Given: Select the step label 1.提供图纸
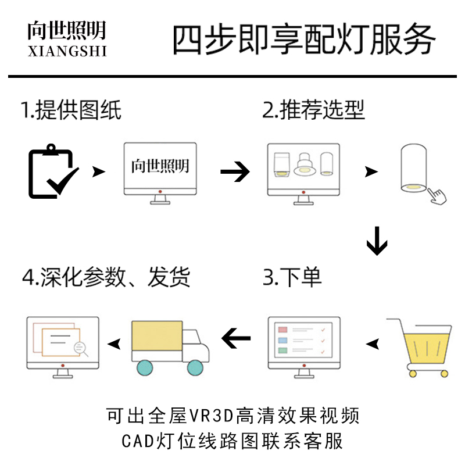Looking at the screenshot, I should point(71,109).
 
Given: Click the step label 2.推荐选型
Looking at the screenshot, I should point(313,109).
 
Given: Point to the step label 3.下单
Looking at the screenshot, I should point(292,277).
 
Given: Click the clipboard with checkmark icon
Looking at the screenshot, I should point(53,173).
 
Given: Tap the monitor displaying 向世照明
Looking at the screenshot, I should point(160,173).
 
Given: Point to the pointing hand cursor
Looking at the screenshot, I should point(438,195).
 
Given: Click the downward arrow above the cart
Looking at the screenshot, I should point(377,241).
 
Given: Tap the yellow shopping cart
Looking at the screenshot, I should point(420,347).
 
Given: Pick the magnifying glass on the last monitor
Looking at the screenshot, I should point(80,349).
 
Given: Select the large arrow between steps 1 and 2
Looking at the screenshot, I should point(235,171).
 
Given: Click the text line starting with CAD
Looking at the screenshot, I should point(233,440).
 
